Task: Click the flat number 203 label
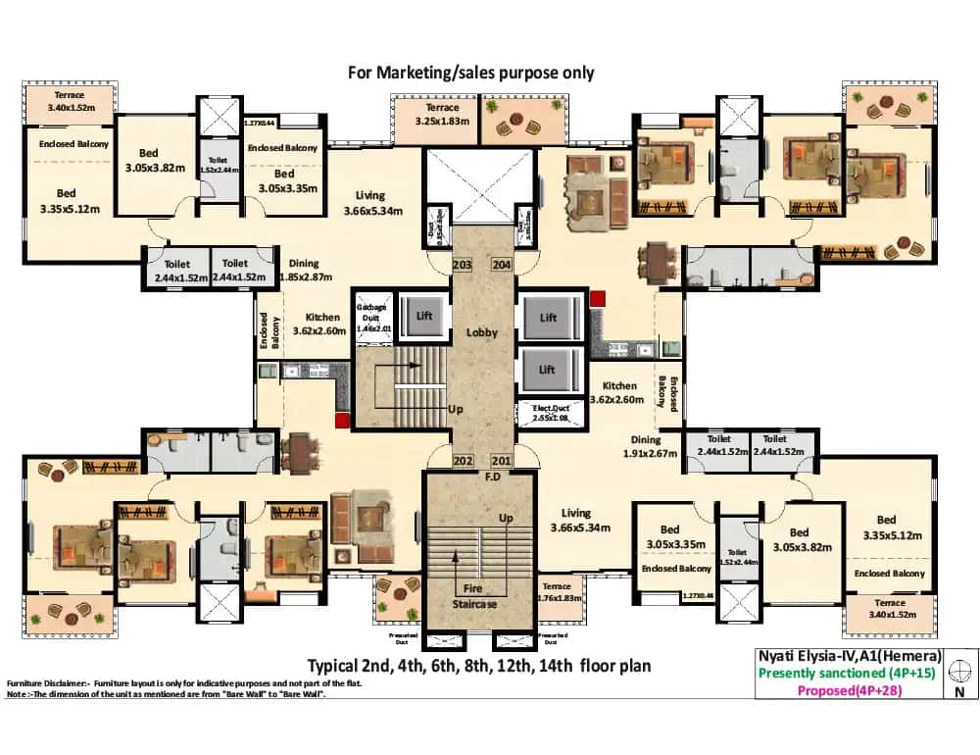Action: (x=463, y=266)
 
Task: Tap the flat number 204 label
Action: (x=501, y=266)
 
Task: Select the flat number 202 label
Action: (x=463, y=461)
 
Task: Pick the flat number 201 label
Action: (x=501, y=461)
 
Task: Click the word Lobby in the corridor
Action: (x=481, y=332)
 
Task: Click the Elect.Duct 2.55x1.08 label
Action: (x=550, y=413)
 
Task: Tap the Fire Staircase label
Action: (x=480, y=596)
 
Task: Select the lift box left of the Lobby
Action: (x=424, y=315)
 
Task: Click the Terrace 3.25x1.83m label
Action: (x=435, y=114)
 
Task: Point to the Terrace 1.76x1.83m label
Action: (x=560, y=592)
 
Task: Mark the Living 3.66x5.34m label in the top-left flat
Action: (x=370, y=203)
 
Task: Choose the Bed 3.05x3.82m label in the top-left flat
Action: (x=148, y=160)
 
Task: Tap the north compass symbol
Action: (x=960, y=673)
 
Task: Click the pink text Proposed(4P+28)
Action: (x=849, y=690)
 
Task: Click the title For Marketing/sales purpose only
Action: (x=471, y=73)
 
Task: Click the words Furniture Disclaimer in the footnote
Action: (x=48, y=682)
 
